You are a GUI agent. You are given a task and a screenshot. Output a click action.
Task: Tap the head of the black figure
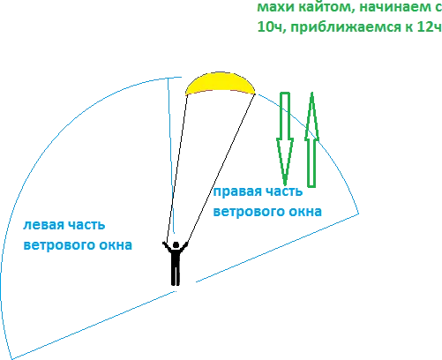(x=176, y=245)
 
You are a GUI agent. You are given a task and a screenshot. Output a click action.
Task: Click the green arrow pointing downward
(x=285, y=139)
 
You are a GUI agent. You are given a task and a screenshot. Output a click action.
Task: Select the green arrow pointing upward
(x=311, y=140)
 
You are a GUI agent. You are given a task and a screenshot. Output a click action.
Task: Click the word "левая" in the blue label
(x=42, y=225)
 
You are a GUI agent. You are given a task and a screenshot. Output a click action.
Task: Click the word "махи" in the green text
(x=275, y=7)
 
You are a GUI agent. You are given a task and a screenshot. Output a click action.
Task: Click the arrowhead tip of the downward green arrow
(x=285, y=184)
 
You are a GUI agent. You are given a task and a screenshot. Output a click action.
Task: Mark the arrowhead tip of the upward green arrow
(x=312, y=93)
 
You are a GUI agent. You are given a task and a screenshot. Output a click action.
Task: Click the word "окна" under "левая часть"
(x=116, y=245)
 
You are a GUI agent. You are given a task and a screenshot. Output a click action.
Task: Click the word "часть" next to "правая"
(x=284, y=191)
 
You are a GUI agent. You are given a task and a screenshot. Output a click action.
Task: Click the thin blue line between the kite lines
(x=171, y=156)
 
